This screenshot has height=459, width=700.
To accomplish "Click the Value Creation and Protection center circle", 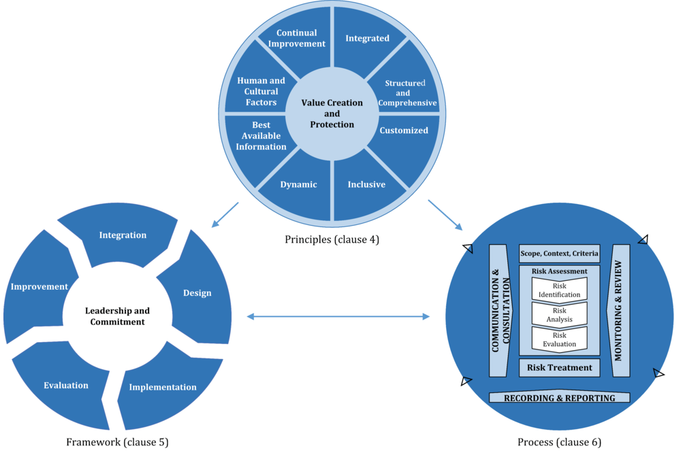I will [x=332, y=114].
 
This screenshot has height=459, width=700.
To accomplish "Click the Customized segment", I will [x=404, y=131].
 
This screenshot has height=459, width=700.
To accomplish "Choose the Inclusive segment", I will [x=366, y=184].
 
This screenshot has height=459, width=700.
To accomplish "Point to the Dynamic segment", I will [x=298, y=184].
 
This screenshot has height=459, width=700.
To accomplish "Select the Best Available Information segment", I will [x=261, y=136].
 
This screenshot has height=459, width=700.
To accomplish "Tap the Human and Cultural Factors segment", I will [x=261, y=91].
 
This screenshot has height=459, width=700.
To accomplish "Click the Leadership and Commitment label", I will [x=117, y=316].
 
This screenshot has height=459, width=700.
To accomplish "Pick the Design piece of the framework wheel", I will [x=197, y=293].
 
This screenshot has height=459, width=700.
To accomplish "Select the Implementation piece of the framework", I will [x=163, y=387].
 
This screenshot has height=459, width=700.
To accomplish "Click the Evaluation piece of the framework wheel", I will [x=66, y=386].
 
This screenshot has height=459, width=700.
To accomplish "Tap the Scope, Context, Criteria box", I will [x=559, y=254].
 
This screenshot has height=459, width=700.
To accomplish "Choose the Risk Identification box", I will [x=559, y=290].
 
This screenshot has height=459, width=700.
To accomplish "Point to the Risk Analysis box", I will [x=559, y=315].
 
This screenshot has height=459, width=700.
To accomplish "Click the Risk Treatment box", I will [x=559, y=368].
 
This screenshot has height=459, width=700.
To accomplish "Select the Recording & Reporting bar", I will [x=559, y=398].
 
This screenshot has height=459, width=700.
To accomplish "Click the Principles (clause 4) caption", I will [x=332, y=239].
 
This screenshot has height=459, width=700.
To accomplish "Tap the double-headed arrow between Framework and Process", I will [x=338, y=316].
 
